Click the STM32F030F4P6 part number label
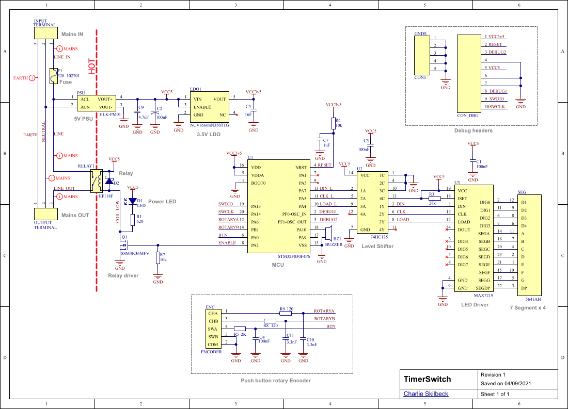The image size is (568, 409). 293,256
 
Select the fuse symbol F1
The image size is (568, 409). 54,76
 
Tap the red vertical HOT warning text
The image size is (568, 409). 92,66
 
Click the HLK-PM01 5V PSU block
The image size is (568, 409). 98,103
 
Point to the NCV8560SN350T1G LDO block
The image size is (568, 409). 209,107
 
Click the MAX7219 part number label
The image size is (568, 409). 483,296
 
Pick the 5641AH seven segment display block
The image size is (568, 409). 529,244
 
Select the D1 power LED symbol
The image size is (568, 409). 132,201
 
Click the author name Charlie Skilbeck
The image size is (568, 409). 426,394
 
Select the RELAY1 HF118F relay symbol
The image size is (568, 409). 96,181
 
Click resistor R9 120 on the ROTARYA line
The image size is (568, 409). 286,313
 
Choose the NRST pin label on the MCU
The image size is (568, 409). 301,168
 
